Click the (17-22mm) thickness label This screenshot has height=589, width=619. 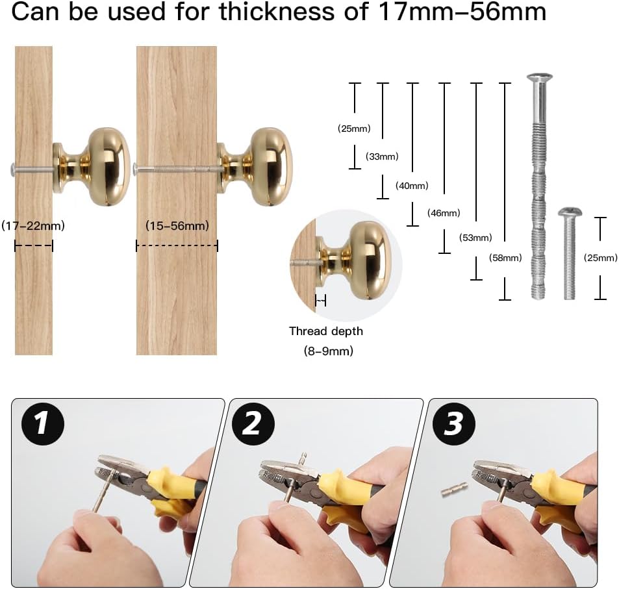point(33,226)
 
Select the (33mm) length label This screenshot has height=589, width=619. point(382,157)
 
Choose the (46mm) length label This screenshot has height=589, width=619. point(444,213)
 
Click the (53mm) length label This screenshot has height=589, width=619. point(475,238)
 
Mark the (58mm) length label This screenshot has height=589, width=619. point(505,258)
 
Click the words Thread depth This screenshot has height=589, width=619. point(325,331)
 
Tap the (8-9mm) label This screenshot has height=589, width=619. point(326,351)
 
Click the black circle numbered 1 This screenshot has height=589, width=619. point(42,424)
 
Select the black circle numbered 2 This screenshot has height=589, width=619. point(251,424)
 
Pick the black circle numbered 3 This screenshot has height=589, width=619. point(453,424)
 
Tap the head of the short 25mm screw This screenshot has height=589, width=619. point(569,212)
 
